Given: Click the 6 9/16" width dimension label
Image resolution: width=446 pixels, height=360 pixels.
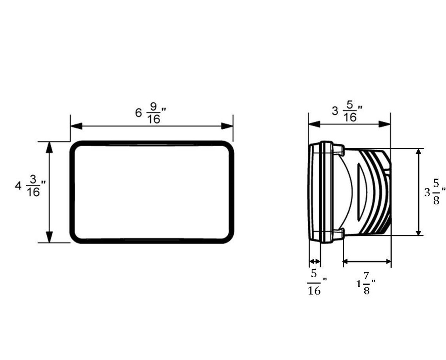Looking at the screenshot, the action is [150, 113].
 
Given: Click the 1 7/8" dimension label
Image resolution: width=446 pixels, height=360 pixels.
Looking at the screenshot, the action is [366, 283].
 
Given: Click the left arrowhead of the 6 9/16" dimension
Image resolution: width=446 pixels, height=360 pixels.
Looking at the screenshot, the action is [76, 126].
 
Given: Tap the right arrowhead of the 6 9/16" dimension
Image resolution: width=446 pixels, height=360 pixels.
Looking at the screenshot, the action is [227, 126].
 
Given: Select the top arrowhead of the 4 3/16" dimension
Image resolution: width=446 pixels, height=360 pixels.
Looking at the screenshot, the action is [50, 147].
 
